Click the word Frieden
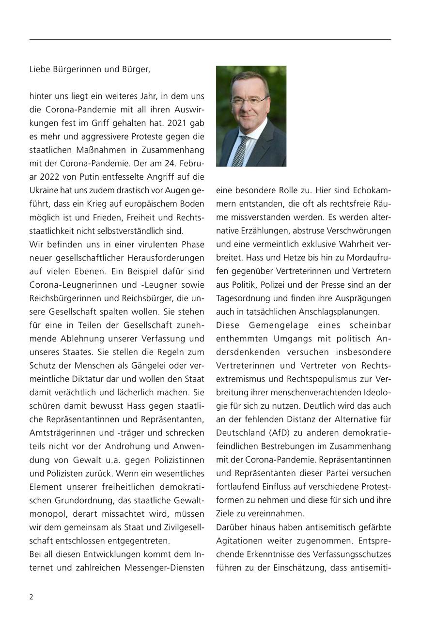116,217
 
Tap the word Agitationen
239,540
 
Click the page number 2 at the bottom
31,597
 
